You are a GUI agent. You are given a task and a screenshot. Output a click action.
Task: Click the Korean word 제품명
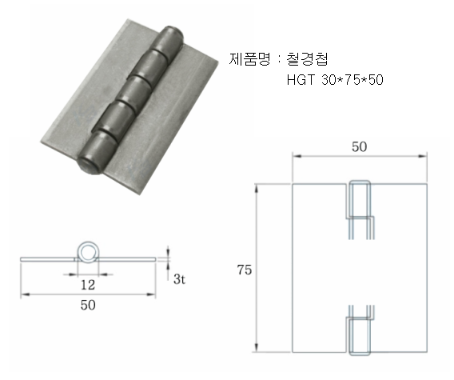tap(249, 59)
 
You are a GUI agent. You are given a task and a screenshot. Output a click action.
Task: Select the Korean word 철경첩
tap(307, 59)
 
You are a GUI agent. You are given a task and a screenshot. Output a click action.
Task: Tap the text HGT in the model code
tap(301, 80)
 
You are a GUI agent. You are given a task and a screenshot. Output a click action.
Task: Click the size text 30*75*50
tap(352, 80)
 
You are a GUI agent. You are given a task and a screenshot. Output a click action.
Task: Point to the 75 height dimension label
tap(245, 270)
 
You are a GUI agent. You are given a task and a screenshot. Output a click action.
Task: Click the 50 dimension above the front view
tap(360, 146)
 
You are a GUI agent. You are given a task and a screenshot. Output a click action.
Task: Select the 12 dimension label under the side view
tap(87, 285)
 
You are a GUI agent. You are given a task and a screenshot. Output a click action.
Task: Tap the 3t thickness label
tap(179, 279)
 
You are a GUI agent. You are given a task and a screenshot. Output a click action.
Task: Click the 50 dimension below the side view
tap(88, 305)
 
